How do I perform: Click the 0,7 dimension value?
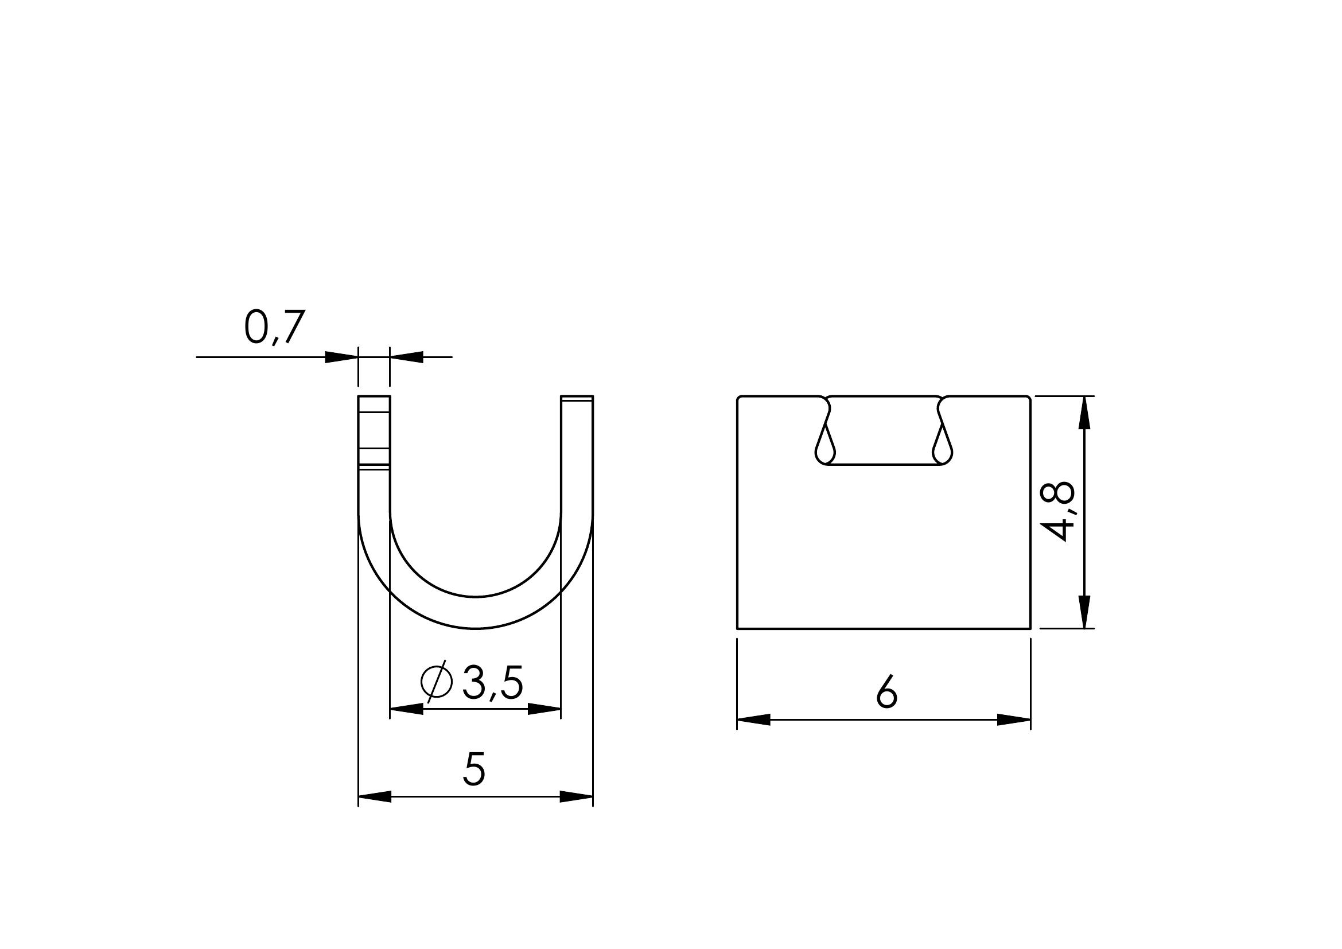click(x=275, y=328)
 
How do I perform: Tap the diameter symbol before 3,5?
click(x=437, y=682)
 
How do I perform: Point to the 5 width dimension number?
click(x=474, y=769)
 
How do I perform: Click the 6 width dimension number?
click(x=886, y=692)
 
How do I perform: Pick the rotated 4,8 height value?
click(x=1059, y=511)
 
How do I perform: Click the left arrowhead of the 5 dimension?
click(x=375, y=796)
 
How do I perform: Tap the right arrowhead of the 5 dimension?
click(x=576, y=796)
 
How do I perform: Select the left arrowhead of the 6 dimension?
click(x=754, y=720)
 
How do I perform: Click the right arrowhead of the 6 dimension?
click(x=1013, y=720)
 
